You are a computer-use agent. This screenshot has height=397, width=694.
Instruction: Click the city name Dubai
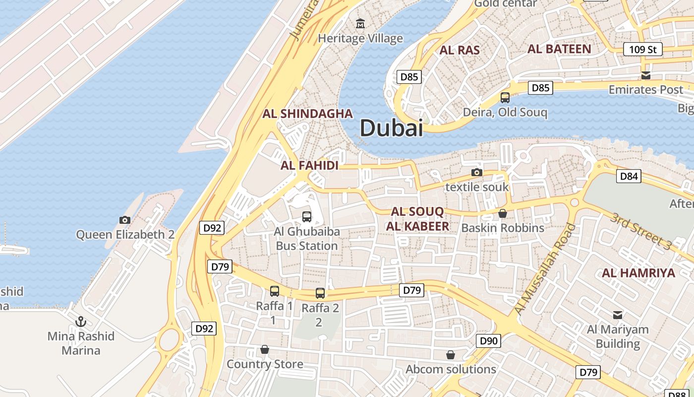tap(391, 128)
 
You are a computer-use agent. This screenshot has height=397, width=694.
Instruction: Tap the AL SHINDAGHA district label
tap(308, 114)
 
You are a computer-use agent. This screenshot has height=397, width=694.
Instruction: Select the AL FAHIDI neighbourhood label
tap(309, 166)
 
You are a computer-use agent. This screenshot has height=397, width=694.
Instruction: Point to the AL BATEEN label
tap(559, 49)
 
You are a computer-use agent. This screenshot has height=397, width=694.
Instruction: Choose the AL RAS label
tap(460, 50)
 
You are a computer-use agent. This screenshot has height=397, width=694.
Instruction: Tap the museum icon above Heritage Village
tap(360, 23)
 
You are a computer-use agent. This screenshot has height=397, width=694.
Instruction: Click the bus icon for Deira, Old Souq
tap(505, 97)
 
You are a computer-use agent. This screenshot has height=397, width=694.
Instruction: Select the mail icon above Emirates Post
tap(646, 75)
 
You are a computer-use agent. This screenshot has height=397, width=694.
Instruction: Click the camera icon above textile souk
tap(477, 172)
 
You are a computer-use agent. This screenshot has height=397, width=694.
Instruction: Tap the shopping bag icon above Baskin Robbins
tap(503, 213)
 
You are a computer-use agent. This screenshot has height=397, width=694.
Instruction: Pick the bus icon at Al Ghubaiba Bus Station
tap(307, 217)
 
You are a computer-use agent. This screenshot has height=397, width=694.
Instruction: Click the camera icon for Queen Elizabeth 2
tap(125, 220)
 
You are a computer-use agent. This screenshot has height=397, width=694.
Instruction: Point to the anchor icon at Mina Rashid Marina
tap(81, 322)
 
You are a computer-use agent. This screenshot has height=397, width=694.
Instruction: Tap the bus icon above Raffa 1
tap(275, 291)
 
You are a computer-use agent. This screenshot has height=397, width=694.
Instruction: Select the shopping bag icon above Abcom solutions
tap(451, 355)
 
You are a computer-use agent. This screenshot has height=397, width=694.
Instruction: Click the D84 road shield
tap(629, 176)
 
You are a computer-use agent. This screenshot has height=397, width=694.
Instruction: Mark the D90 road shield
tap(488, 341)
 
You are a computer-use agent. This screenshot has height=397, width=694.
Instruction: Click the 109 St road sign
tap(643, 49)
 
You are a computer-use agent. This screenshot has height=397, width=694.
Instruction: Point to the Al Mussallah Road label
tap(545, 269)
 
